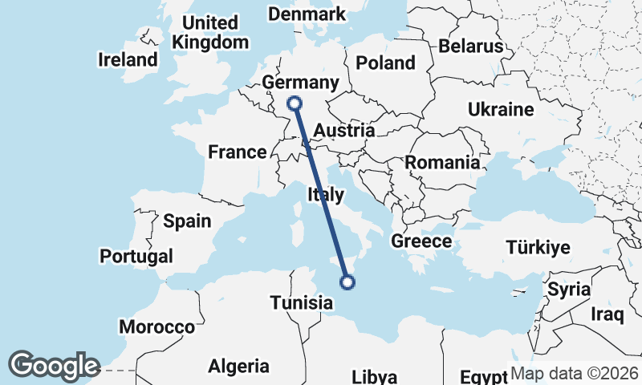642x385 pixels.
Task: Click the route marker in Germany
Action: tap(295, 103)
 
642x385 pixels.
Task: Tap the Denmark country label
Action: tap(307, 14)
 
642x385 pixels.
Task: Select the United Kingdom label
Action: tap(211, 33)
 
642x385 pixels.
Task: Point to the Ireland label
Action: tap(128, 59)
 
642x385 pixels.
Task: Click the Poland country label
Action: tap(385, 63)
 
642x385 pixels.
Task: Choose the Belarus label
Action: tap(471, 47)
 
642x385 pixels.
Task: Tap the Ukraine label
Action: tap(501, 109)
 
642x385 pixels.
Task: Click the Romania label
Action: tap(442, 163)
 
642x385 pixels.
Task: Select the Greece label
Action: tap(421, 241)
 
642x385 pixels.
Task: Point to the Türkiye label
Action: tap(537, 247)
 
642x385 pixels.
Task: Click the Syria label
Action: tap(569, 290)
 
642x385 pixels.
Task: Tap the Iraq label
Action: tap(607, 313)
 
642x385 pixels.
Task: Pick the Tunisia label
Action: tap(302, 303)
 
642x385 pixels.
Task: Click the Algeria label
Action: tap(239, 367)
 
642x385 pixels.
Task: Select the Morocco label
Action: tap(157, 327)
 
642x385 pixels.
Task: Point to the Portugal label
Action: tap(136, 257)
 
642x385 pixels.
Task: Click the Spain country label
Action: tap(187, 221)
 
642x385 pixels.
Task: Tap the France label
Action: tap(237, 152)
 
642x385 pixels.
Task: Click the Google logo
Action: tap(54, 366)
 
